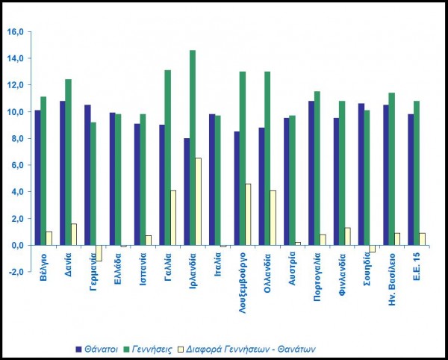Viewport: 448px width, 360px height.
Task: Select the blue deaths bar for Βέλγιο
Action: (37, 178)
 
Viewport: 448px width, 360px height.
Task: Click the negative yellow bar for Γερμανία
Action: (98, 252)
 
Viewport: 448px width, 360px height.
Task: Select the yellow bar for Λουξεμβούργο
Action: (248, 214)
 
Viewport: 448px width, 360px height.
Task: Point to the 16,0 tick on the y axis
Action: (16, 31)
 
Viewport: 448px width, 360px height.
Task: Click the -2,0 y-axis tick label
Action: (16, 272)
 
